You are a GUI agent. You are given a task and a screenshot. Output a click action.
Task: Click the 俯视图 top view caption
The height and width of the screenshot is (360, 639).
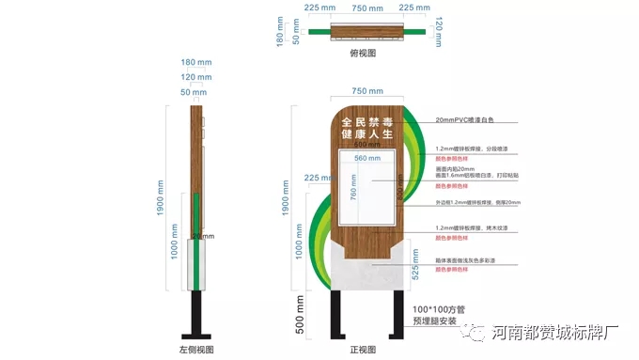point(363,54)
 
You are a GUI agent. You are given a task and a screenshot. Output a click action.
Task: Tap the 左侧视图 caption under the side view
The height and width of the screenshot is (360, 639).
point(196,350)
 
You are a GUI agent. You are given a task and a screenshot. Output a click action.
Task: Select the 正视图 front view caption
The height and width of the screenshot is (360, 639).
point(363,350)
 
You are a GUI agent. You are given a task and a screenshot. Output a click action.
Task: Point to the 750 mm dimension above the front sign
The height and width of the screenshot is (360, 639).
point(366,91)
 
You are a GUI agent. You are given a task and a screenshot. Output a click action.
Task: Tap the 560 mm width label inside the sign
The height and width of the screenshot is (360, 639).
point(366,159)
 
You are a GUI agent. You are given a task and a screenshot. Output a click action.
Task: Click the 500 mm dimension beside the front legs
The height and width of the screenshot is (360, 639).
point(300,315)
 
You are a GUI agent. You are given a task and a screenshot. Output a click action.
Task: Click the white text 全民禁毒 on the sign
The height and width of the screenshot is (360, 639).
point(366,122)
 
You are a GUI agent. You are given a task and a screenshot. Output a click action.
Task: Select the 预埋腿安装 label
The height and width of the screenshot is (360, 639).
point(435,321)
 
